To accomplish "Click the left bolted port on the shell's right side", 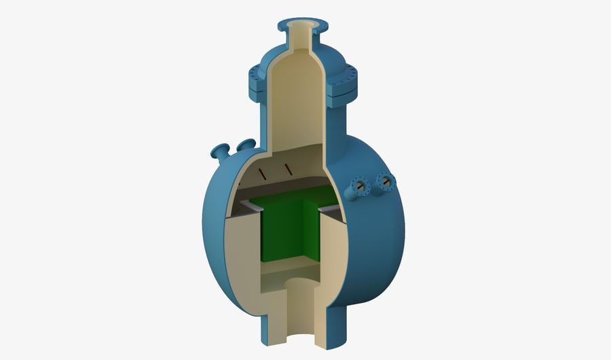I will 360,185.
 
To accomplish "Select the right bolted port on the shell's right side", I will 386,181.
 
